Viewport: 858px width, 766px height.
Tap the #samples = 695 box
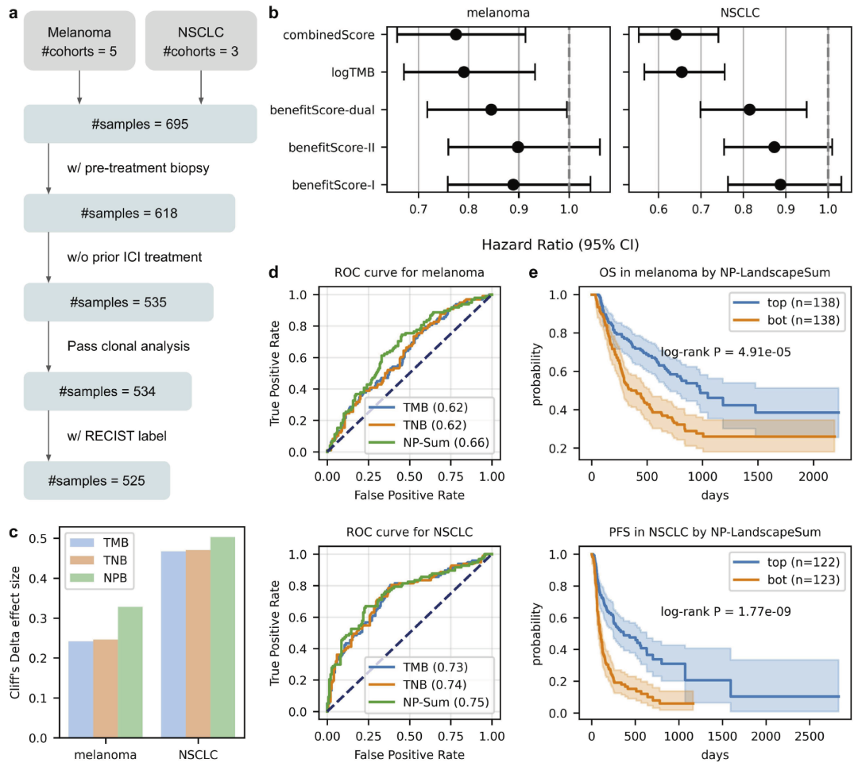click(140, 125)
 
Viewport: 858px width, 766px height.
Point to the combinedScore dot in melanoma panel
click(455, 34)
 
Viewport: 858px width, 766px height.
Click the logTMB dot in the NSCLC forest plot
click(681, 72)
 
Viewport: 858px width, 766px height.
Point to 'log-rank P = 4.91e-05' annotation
click(725, 352)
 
